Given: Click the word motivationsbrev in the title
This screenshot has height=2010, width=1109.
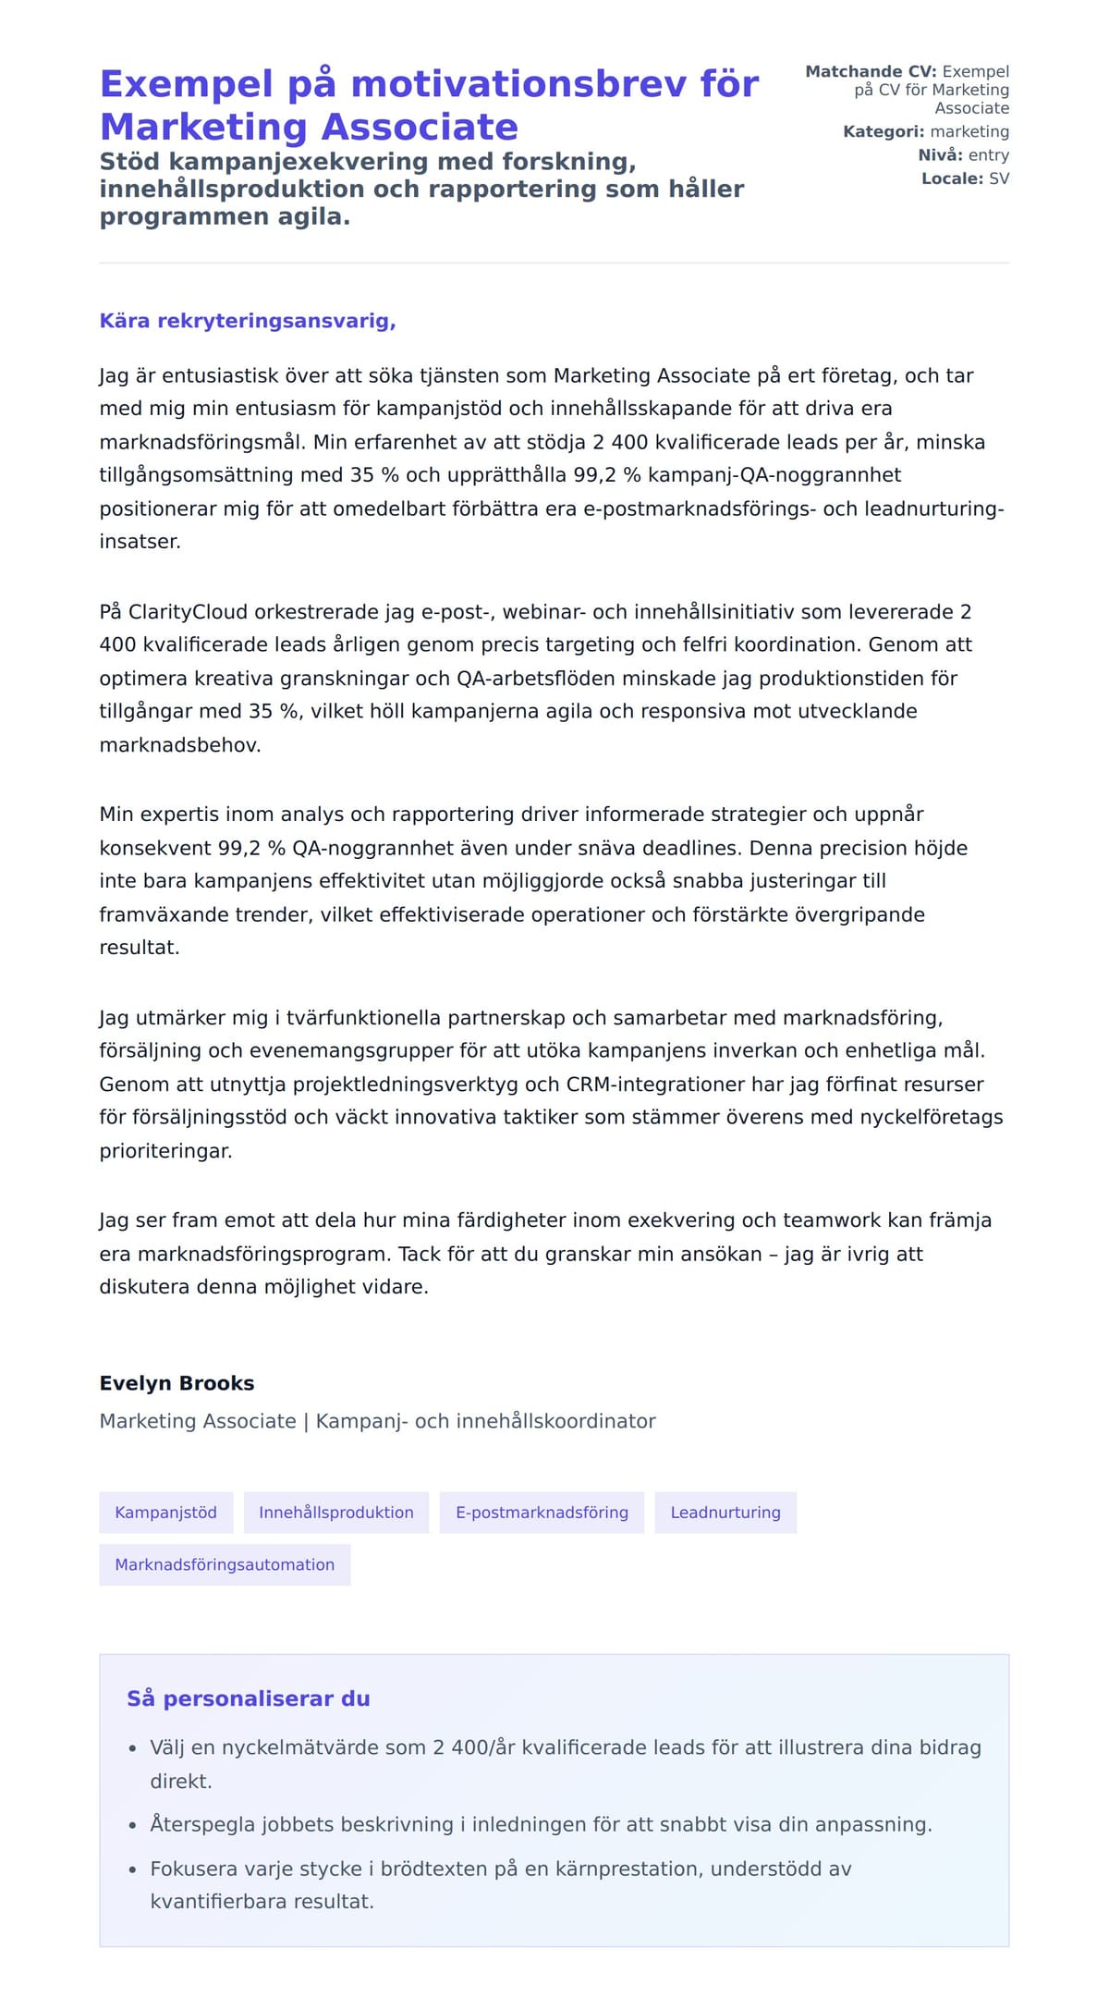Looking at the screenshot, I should pyautogui.click(x=518, y=84).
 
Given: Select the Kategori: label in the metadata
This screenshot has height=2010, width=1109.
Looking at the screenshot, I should pyautogui.click(x=883, y=132).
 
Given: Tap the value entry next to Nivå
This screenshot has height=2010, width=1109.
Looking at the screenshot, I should pyautogui.click(x=988, y=155).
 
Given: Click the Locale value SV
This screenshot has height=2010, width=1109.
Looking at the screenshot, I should pyautogui.click(x=999, y=178).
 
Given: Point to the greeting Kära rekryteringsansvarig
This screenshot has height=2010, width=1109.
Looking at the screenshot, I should pyautogui.click(x=248, y=321).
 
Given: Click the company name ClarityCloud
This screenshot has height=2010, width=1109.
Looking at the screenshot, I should pyautogui.click(x=188, y=612).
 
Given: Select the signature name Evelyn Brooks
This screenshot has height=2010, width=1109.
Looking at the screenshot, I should pyautogui.click(x=177, y=1383).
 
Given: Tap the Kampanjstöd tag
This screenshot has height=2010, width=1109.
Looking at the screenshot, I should pyautogui.click(x=166, y=1513).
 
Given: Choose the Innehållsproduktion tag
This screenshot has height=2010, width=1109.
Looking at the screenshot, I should pyautogui.click(x=336, y=1513).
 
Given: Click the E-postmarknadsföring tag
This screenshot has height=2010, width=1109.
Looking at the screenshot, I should pyautogui.click(x=542, y=1513).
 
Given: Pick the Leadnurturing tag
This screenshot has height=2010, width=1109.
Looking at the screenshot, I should pyautogui.click(x=725, y=1513).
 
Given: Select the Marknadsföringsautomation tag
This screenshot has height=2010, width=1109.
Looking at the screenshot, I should pyautogui.click(x=225, y=1565).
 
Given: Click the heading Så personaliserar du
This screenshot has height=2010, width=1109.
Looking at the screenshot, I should pyautogui.click(x=248, y=1698).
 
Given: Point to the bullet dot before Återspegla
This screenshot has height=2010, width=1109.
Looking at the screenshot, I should pyautogui.click(x=133, y=1826).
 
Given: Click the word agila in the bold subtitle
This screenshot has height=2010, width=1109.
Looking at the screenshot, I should pyautogui.click(x=312, y=217).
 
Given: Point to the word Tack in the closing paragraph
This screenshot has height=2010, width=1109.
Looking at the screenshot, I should pyautogui.click(x=420, y=1255).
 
